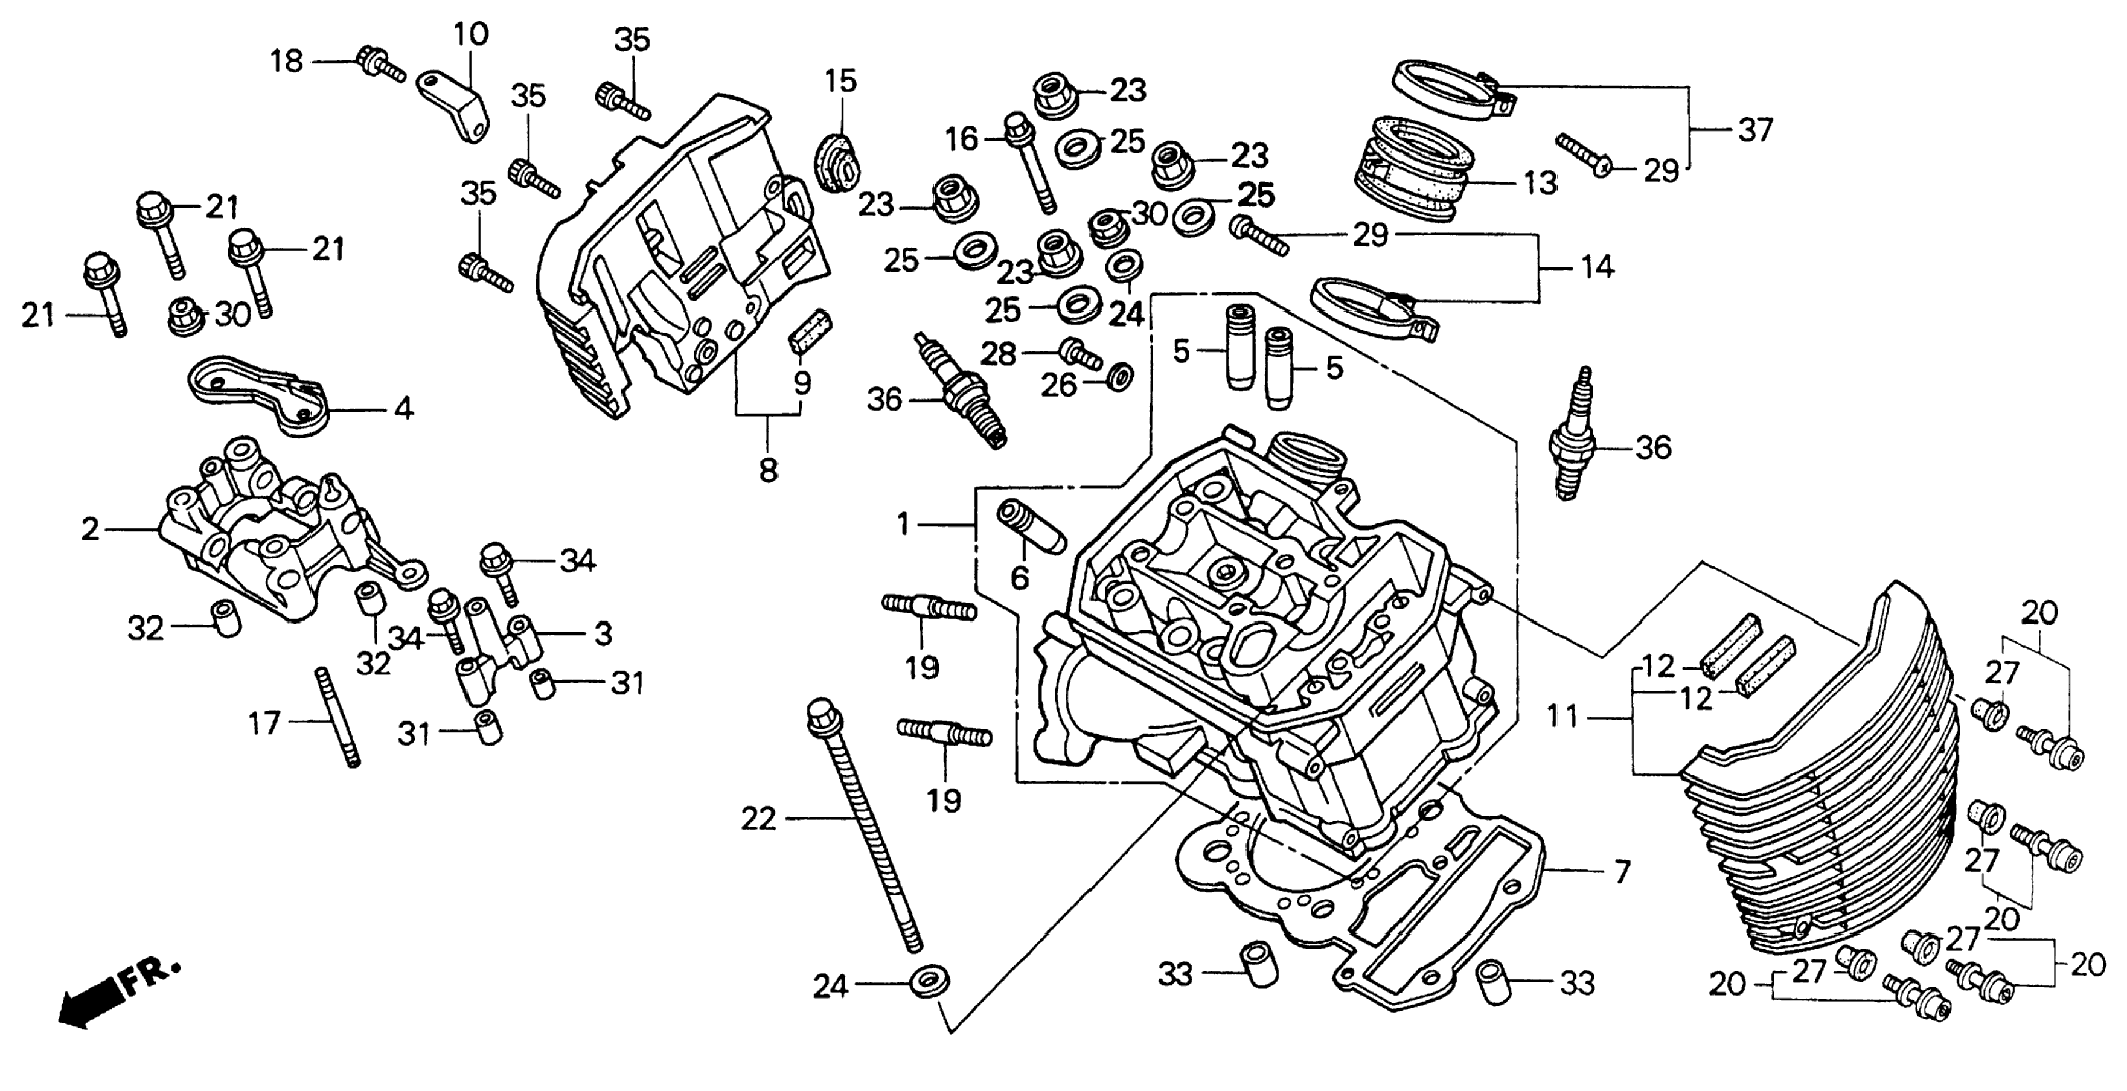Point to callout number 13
click(x=1539, y=182)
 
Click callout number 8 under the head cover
click(x=768, y=471)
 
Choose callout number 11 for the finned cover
click(x=1561, y=717)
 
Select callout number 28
click(x=998, y=354)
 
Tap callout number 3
click(x=604, y=635)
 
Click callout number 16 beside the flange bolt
click(x=962, y=139)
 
